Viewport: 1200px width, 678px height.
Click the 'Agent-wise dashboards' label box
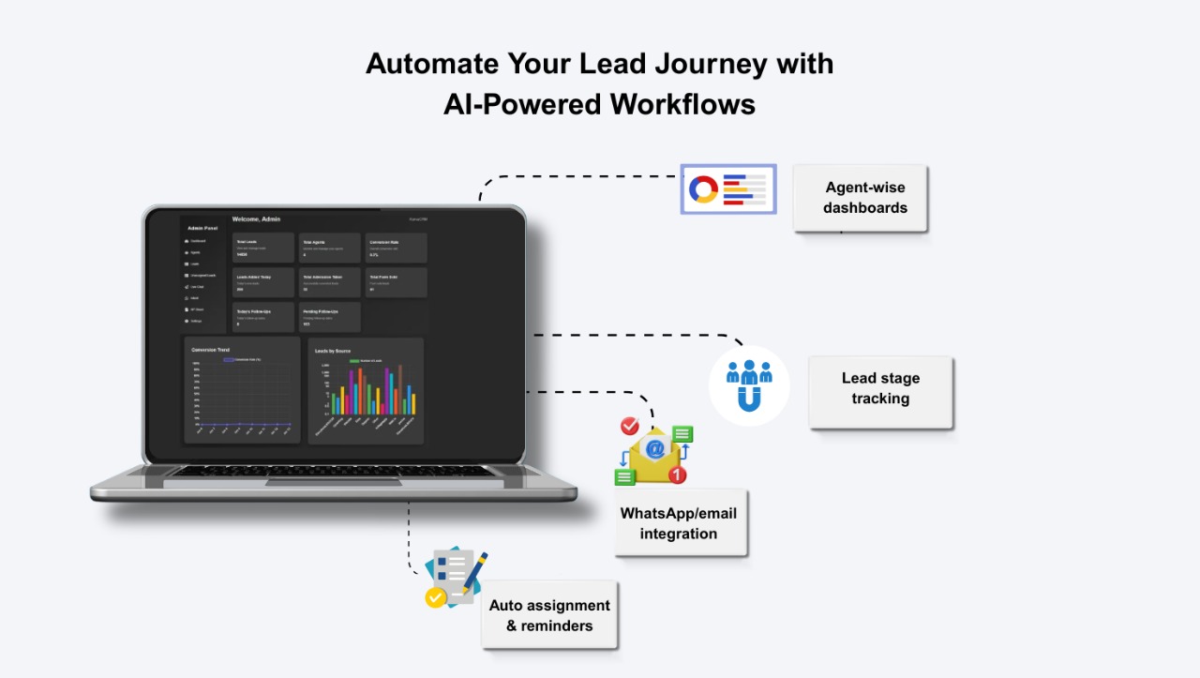click(x=860, y=198)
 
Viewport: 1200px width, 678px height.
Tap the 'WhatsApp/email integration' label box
click(x=680, y=522)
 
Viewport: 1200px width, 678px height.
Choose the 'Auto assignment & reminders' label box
click(x=549, y=615)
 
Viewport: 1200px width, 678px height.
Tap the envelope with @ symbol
click(x=654, y=450)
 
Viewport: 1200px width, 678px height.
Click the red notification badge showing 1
click(x=677, y=475)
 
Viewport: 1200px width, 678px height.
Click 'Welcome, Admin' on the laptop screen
click(x=257, y=219)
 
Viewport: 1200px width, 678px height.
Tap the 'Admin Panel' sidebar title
click(x=202, y=228)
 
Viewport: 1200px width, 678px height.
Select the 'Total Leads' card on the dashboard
click(x=263, y=248)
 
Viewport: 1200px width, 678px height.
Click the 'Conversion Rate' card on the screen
click(x=397, y=248)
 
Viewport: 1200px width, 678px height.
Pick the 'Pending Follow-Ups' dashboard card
click(x=330, y=316)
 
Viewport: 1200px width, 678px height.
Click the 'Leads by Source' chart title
click(x=334, y=351)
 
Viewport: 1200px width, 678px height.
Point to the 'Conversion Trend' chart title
click(x=210, y=350)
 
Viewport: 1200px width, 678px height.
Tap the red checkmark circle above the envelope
click(x=630, y=427)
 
